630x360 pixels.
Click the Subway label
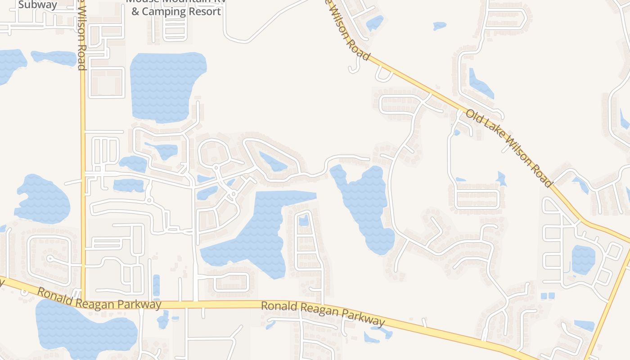(x=38, y=5)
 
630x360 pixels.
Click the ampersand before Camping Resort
(x=135, y=11)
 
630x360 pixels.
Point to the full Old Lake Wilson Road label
(x=508, y=148)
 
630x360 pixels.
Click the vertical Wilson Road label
(x=81, y=38)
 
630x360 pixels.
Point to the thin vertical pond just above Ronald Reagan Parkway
(x=156, y=286)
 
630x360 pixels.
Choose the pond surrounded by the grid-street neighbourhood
(x=583, y=260)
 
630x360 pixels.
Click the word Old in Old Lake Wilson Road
(x=473, y=117)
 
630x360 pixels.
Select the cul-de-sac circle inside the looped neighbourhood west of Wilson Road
(x=50, y=259)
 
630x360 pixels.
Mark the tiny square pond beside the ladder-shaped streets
(x=304, y=220)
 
